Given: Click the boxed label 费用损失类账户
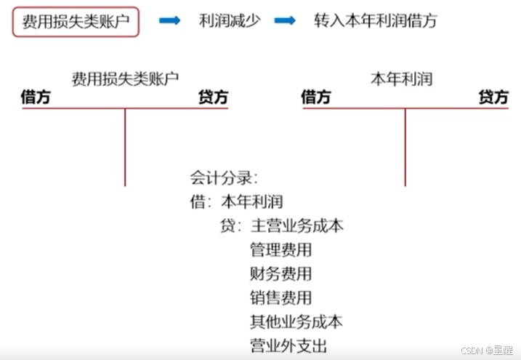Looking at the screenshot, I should (x=75, y=20).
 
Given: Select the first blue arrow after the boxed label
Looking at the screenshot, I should (x=169, y=20).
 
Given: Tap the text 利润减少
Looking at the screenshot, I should (x=228, y=20).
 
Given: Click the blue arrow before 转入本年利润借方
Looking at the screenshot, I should (x=285, y=20).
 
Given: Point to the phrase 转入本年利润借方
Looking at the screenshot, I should (x=376, y=20).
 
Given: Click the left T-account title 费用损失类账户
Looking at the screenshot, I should (x=126, y=78).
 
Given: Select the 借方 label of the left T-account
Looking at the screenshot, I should (x=36, y=97).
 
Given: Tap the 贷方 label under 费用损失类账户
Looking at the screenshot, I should (x=213, y=97).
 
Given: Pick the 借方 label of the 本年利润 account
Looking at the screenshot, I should (x=316, y=97).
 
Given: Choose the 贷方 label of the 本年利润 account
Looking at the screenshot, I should (x=493, y=97).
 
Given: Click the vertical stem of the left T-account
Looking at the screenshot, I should (x=125, y=145).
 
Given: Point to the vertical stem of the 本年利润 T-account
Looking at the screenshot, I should (x=405, y=145).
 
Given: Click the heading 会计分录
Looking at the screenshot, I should (x=224, y=177).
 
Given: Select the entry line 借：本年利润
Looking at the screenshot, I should (x=236, y=201).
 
